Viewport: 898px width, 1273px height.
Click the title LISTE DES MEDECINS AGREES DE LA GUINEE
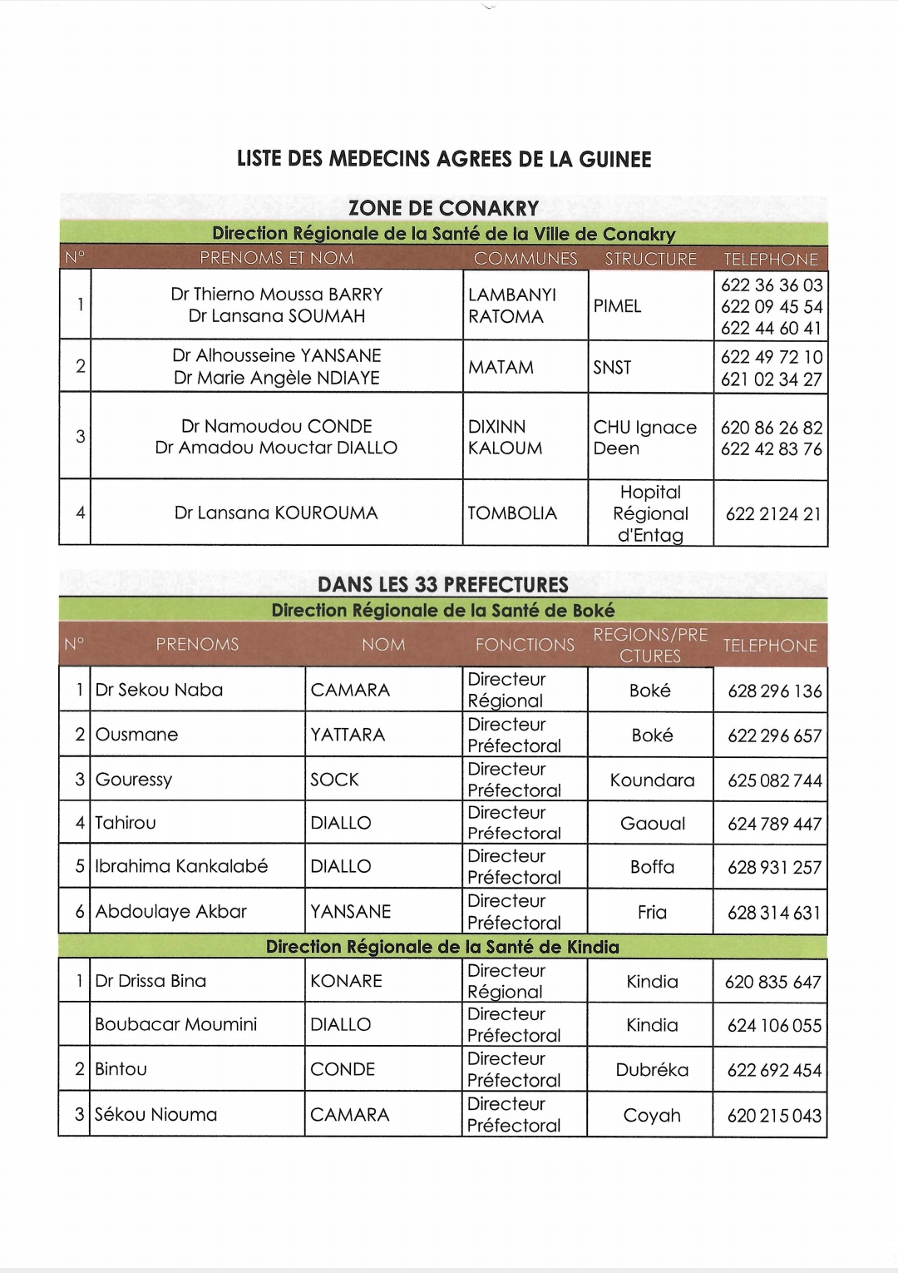(444, 159)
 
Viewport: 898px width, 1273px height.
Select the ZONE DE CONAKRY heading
(443, 208)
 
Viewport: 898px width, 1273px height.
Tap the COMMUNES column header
(525, 259)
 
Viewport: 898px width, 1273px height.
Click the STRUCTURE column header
(650, 259)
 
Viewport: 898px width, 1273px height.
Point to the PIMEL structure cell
(617, 306)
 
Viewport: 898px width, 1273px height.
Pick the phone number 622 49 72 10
(771, 357)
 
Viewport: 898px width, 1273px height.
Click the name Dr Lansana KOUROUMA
(276, 513)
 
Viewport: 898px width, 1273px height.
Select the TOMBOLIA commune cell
(512, 513)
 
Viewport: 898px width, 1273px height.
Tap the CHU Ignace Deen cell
(644, 438)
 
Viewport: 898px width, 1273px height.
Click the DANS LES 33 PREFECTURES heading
(443, 584)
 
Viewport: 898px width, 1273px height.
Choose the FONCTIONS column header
(525, 645)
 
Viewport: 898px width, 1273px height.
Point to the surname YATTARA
(348, 735)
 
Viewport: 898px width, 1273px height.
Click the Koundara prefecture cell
(652, 780)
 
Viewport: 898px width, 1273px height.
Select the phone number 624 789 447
(774, 824)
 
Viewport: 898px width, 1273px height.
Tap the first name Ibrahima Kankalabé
(181, 866)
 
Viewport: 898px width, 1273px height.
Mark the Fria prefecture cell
(652, 912)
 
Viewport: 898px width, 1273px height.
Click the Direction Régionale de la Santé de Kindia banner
(442, 947)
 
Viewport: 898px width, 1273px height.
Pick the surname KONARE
(346, 981)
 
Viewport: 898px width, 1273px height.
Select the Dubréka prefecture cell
(652, 1070)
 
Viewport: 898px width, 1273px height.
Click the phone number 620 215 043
(774, 1116)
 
